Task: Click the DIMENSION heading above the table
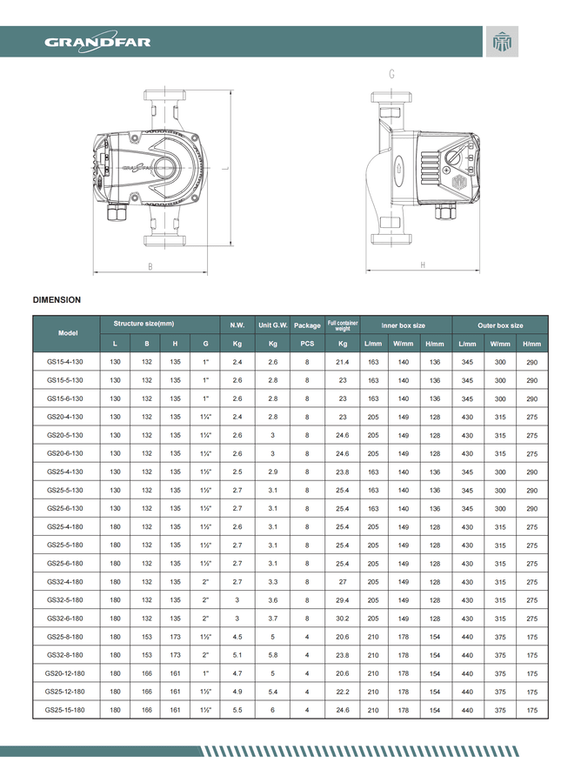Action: (57, 300)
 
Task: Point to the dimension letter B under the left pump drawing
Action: (150, 265)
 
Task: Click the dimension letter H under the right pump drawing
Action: (422, 264)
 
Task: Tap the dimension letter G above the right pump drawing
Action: (391, 75)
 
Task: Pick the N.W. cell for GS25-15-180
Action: (237, 711)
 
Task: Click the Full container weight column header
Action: (343, 326)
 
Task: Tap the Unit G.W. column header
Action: (273, 325)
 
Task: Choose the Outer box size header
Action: (500, 325)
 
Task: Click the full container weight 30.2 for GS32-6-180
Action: (343, 619)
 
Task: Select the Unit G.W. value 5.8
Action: (273, 655)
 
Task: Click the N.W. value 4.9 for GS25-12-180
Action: (237, 692)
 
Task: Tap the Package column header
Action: (307, 325)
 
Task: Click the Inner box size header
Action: (404, 325)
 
